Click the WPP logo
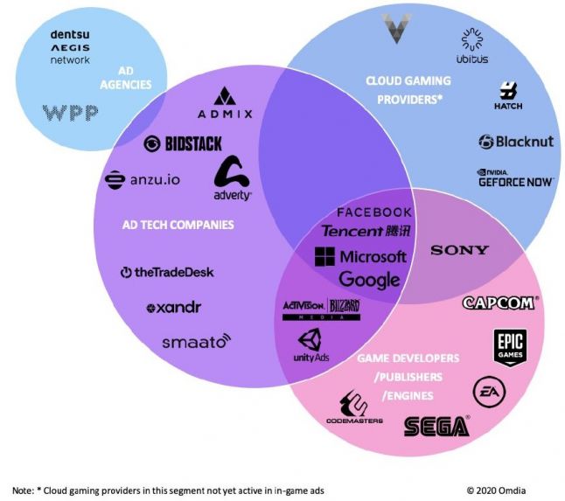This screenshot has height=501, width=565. [x=70, y=113]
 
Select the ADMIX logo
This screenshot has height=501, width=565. [x=225, y=104]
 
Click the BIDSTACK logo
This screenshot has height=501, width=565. [x=183, y=143]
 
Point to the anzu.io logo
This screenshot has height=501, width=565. [x=143, y=179]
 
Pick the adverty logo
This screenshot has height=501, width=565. [x=233, y=179]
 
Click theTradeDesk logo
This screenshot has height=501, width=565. [x=167, y=272]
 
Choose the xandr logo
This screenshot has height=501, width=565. [x=173, y=308]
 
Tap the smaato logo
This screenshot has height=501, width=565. [x=196, y=341]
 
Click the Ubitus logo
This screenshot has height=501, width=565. [x=472, y=47]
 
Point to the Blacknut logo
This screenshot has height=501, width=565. [x=516, y=141]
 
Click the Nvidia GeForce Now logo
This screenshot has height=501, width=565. [x=515, y=177]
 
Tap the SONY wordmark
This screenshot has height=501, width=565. [x=459, y=250]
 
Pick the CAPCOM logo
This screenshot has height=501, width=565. [x=500, y=303]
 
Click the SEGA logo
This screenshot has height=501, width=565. [x=436, y=426]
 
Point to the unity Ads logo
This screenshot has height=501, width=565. [x=310, y=347]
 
